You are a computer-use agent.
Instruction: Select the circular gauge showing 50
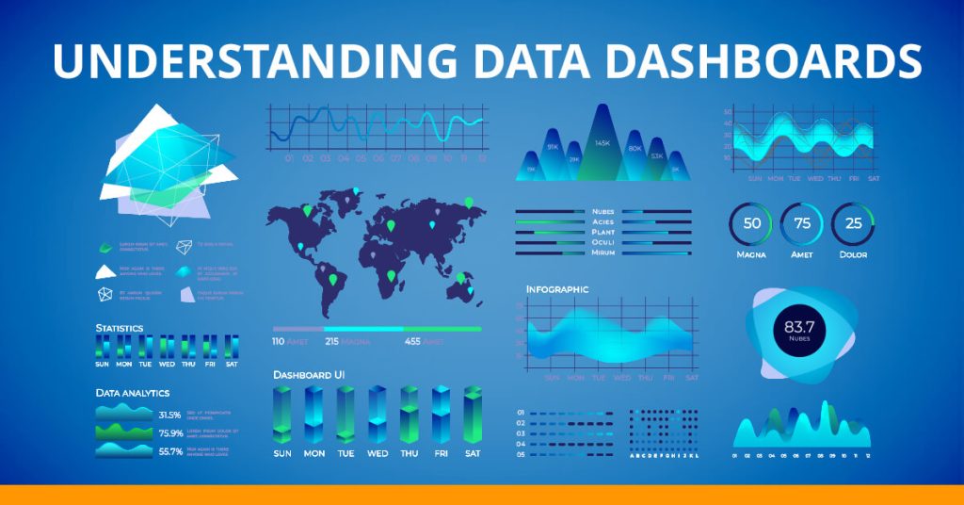click(x=751, y=224)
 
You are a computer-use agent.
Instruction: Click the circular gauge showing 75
click(x=802, y=224)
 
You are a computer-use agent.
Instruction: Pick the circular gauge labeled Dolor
click(x=853, y=224)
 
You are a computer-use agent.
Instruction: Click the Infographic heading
click(x=557, y=289)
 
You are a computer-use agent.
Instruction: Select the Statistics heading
click(x=120, y=328)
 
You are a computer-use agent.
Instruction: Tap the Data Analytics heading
click(x=133, y=392)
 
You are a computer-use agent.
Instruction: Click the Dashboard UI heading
click(x=309, y=375)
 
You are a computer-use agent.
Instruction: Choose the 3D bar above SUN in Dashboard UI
click(x=282, y=415)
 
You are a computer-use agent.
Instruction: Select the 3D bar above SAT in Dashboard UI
click(x=473, y=415)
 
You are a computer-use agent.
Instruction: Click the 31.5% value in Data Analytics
click(x=169, y=415)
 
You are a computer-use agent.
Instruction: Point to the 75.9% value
click(x=170, y=433)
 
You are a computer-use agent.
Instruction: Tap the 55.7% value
click(x=170, y=451)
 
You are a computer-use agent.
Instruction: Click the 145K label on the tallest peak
click(x=602, y=143)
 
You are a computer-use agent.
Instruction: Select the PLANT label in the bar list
click(x=602, y=232)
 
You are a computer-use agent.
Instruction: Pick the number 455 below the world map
click(x=412, y=341)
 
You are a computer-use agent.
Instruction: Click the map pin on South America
click(x=331, y=280)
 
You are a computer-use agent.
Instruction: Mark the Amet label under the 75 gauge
click(x=802, y=254)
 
